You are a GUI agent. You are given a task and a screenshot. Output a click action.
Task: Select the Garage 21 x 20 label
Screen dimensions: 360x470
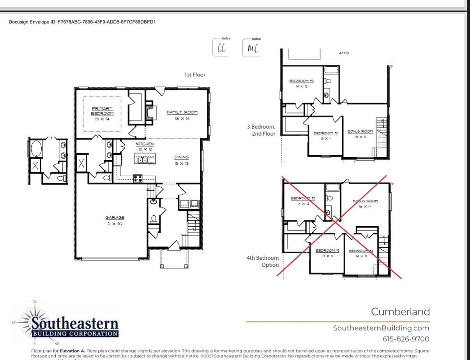pos(114,220)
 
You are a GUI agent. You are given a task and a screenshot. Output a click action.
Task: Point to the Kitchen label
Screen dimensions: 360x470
pos(145,147)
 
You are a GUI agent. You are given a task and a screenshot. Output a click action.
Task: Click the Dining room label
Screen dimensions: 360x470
pos(181,160)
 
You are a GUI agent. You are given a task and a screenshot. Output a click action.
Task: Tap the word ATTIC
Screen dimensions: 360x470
pos(344,53)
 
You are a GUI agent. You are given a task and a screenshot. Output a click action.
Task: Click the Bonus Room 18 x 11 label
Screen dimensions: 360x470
pos(360,134)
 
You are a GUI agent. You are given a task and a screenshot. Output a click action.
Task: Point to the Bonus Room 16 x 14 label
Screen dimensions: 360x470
pos(365,203)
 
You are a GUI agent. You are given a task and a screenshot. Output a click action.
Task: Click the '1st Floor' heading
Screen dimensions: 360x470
pos(194,74)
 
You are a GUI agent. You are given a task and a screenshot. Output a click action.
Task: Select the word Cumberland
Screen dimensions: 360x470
pos(400,312)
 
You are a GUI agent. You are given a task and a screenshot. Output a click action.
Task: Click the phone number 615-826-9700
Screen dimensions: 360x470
pos(406,339)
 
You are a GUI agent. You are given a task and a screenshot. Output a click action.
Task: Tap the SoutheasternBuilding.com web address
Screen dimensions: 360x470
pos(381,328)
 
